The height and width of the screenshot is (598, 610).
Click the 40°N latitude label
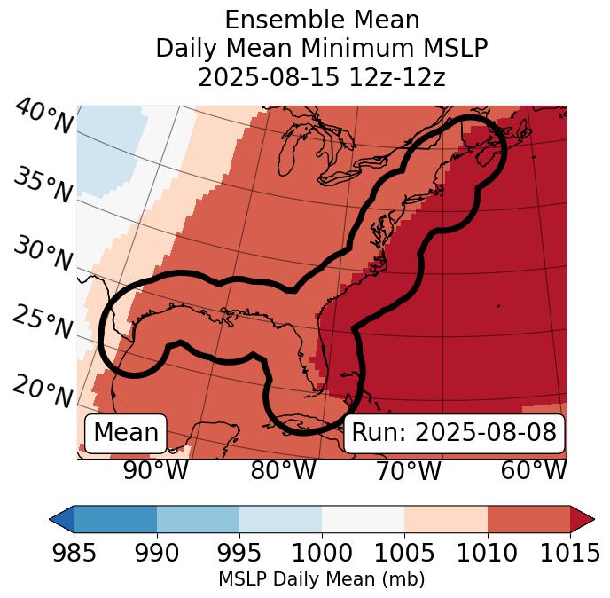43,117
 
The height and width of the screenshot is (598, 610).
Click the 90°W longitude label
156,470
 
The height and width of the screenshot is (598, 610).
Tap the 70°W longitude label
408,470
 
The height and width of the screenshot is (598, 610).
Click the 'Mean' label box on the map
126,433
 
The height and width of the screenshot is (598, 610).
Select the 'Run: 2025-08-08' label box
454,433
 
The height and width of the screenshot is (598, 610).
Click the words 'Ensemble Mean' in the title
322,20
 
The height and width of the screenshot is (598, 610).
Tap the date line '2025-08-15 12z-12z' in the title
322,77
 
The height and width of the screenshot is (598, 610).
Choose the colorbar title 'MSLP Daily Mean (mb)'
322,580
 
